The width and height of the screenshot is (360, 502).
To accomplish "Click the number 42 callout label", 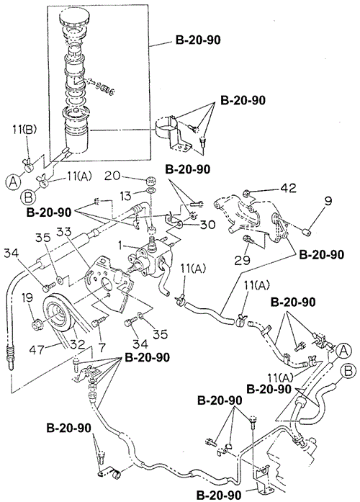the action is tap(288, 188).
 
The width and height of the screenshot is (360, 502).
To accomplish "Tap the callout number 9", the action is tap(328, 201).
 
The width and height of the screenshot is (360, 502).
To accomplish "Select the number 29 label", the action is tap(242, 260).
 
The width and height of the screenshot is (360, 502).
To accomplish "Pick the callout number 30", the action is tap(207, 224).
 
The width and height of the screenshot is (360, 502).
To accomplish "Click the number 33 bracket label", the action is tap(66, 231).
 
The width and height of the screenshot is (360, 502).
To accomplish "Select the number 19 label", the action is tap(27, 297).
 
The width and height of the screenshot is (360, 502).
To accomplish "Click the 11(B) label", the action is tap(24, 129).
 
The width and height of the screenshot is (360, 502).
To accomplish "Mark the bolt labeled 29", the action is tap(248, 239).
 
